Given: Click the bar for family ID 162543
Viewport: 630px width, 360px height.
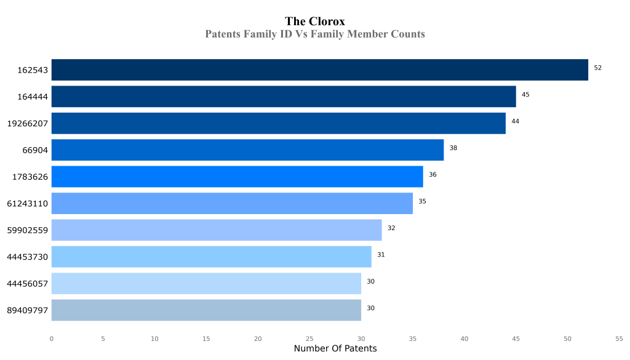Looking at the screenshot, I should point(319,70).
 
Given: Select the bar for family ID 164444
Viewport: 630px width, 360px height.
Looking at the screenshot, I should point(284,97).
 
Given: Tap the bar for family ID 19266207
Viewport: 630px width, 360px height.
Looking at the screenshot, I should point(278,123).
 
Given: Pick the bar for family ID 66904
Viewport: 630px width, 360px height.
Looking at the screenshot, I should point(247,150).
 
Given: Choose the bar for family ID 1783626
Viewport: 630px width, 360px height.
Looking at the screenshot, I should point(237,177).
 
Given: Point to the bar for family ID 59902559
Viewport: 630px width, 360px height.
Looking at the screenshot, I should point(217,230).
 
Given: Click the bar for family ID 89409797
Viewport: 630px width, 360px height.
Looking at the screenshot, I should point(206,310).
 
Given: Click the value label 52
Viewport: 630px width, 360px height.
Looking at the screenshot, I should point(597,68).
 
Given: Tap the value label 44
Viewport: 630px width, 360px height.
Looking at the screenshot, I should point(515,121).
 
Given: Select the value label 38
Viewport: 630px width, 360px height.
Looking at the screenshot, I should point(453,148).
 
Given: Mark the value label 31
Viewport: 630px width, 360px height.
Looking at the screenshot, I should point(381,255).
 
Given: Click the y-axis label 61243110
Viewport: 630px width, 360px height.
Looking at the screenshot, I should point(27,204).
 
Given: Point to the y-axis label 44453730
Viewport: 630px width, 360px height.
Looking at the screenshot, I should point(27,257).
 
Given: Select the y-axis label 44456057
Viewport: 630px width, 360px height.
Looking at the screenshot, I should point(27,284).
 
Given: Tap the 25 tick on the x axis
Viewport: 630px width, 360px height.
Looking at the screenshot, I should point(309,338).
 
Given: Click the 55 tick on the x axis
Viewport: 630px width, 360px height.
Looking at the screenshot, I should point(619,338).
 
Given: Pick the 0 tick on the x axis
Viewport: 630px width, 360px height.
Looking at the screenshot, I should point(52,338).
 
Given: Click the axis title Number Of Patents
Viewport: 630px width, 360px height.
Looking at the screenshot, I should point(335,349).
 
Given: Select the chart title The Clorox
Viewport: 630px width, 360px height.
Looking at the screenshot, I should point(315,22).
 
